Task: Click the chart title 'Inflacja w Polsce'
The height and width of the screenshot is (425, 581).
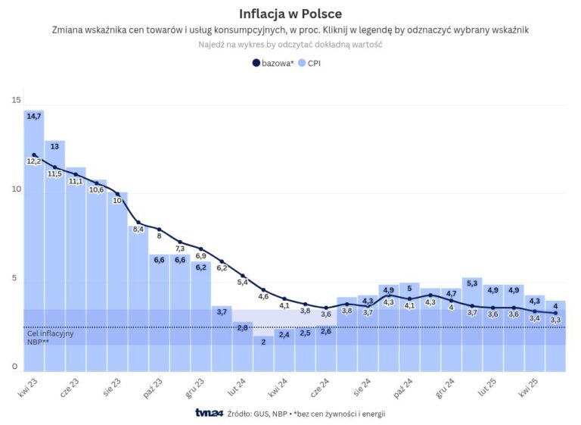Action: [290, 14]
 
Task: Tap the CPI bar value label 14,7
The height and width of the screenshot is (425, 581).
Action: [34, 117]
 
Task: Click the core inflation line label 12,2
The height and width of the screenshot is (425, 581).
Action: [34, 161]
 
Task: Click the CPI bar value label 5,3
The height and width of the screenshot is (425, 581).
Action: [472, 283]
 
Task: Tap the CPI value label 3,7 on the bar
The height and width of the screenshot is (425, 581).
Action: [222, 311]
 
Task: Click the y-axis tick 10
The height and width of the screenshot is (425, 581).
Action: [16, 189]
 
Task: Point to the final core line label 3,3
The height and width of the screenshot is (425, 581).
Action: [555, 320]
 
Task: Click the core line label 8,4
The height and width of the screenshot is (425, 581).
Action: [138, 229]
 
